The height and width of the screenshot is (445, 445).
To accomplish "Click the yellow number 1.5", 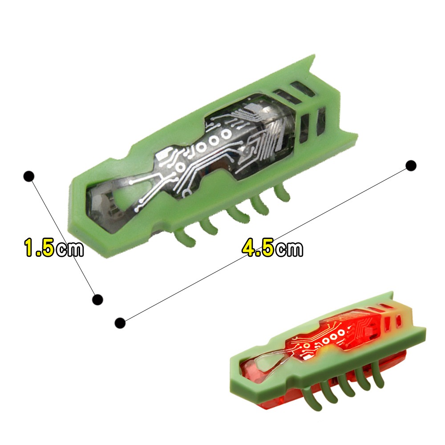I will point(39,248).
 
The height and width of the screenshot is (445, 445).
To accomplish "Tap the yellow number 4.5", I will point(258,248).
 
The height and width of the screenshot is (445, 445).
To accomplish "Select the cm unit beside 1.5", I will point(69,249).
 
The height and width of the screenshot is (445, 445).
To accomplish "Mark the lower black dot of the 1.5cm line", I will point(97,299).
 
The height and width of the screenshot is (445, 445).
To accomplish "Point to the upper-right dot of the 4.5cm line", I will point(411,166).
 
